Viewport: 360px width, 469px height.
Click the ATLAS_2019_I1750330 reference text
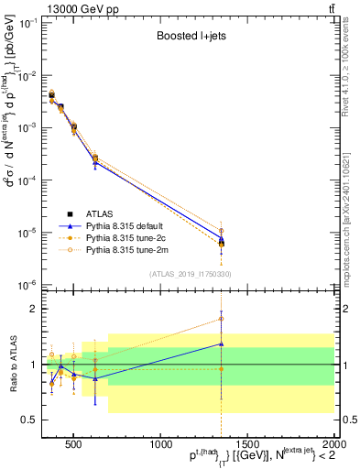pyautogui.click(x=191, y=273)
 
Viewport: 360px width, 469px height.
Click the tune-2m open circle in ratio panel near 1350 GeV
pyautogui.click(x=221, y=319)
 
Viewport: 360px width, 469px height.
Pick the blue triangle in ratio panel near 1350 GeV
pyautogui.click(x=221, y=344)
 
